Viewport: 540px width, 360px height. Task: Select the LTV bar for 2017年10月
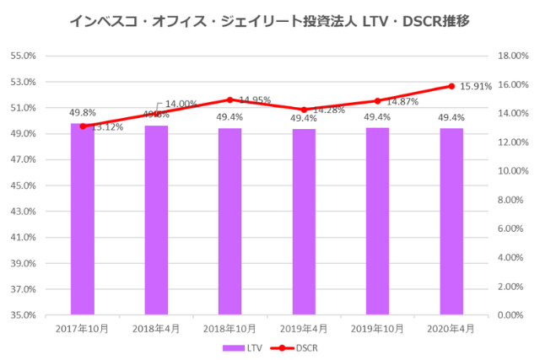pos(83,219)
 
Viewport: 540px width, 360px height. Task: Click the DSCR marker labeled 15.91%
pos(451,86)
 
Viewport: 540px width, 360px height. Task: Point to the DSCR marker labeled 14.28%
pos(304,110)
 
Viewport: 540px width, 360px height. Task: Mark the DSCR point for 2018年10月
pos(230,99)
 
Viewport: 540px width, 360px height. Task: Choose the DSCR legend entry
pos(300,347)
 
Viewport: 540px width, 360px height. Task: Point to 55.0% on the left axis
pos(24,56)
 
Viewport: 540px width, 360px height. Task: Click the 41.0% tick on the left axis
pos(24,237)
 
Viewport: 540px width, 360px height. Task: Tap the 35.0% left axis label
pos(24,314)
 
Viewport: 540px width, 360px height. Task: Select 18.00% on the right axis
pos(510,56)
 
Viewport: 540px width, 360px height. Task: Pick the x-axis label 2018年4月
pos(156,328)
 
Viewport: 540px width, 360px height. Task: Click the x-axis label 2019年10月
pos(377,328)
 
